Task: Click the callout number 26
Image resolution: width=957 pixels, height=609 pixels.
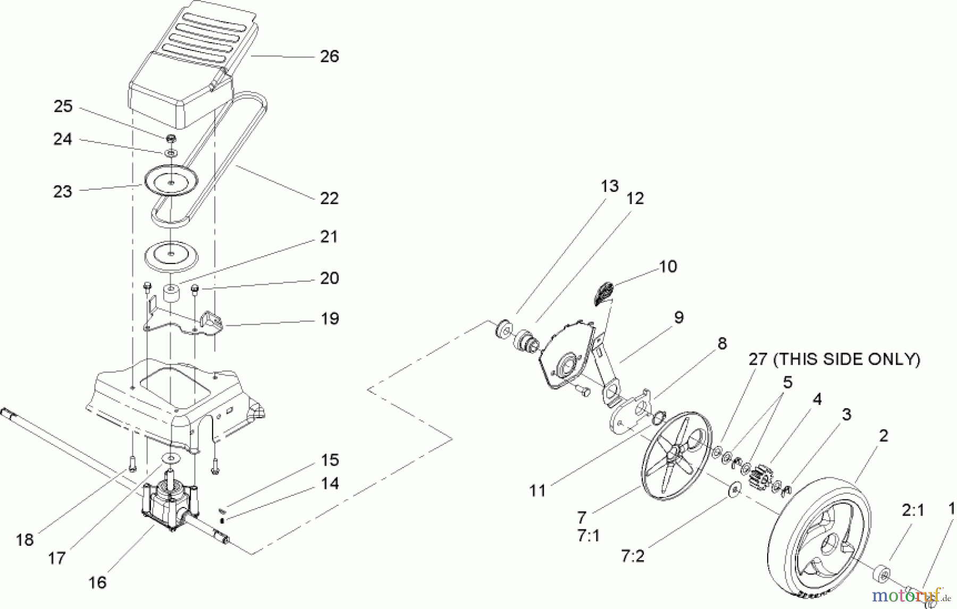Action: pyautogui.click(x=329, y=56)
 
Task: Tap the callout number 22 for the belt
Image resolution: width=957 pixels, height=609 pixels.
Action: pyautogui.click(x=329, y=198)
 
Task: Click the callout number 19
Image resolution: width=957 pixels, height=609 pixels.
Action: pyautogui.click(x=330, y=319)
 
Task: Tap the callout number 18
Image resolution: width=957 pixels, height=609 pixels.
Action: pyautogui.click(x=25, y=540)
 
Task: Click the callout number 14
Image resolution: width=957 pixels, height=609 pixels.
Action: pyautogui.click(x=330, y=484)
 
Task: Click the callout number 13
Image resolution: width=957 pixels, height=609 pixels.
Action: pyautogui.click(x=610, y=186)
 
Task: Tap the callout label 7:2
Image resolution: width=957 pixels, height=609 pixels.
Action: pyautogui.click(x=632, y=556)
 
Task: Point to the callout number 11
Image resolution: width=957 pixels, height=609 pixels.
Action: pyautogui.click(x=538, y=490)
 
